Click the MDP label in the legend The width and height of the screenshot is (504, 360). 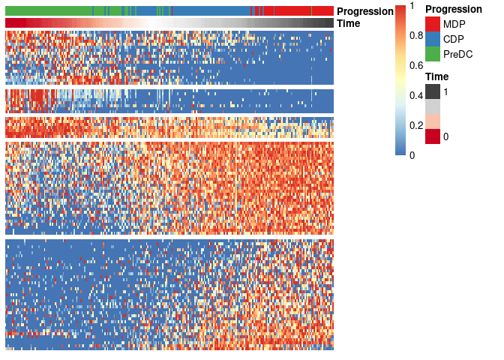tap(454, 24)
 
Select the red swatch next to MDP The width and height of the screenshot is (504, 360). tap(433, 24)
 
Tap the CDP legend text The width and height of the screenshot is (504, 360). tap(454, 39)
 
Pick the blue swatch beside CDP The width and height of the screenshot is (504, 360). tap(433, 39)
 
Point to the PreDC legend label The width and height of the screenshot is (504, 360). tap(457, 54)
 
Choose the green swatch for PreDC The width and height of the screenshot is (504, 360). tap(433, 54)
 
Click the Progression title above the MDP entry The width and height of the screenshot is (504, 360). tap(453, 10)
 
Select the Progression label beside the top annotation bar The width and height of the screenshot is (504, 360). tap(365, 11)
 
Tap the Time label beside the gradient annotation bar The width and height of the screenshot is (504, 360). tap(349, 23)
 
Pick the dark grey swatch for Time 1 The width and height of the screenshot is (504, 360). tap(433, 91)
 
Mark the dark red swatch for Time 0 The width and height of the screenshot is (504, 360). tap(433, 136)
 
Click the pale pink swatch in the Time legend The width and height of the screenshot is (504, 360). tap(433, 121)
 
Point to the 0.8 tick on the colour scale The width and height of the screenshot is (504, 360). tap(415, 35)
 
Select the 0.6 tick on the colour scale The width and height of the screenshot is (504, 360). tap(415, 65)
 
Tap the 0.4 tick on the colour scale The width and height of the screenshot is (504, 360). tap(415, 95)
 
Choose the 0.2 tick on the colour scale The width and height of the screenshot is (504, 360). tap(415, 125)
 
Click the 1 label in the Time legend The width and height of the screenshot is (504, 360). tap(446, 91)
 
